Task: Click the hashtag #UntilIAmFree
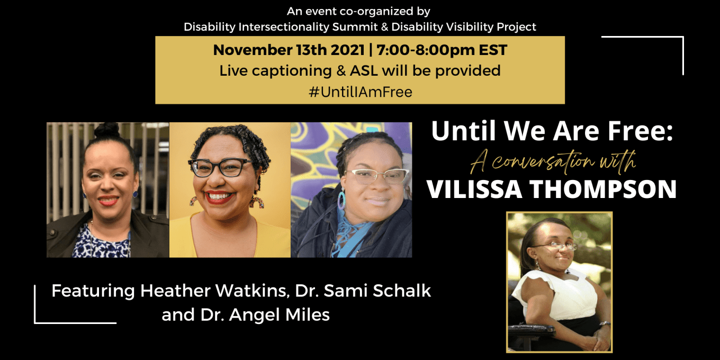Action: pos(360,92)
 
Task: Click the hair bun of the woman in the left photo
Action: pos(107,130)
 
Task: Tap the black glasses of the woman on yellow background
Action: pos(221,168)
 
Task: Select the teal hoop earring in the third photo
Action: pos(341,200)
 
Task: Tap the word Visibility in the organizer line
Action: pos(465,27)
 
